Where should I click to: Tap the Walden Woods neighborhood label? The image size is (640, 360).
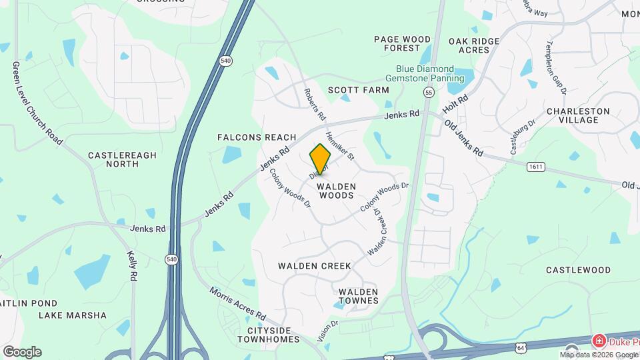tap(336, 191)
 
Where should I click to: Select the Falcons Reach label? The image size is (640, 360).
tap(257, 137)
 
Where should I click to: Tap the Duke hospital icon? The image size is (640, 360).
tap(599, 341)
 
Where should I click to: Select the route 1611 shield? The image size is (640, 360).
tap(535, 166)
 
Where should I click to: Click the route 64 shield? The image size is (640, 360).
tap(521, 347)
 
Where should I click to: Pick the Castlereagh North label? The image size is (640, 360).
tap(122, 159)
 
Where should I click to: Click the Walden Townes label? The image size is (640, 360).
tap(358, 296)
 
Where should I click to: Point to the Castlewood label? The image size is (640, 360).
tap(578, 270)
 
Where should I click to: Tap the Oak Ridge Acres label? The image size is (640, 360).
tap(474, 45)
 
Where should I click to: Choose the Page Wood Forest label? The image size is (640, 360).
tap(402, 43)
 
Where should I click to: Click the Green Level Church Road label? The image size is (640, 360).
tap(37, 103)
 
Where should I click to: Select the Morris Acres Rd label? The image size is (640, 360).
tap(237, 303)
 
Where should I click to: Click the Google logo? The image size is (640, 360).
tap(22, 351)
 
